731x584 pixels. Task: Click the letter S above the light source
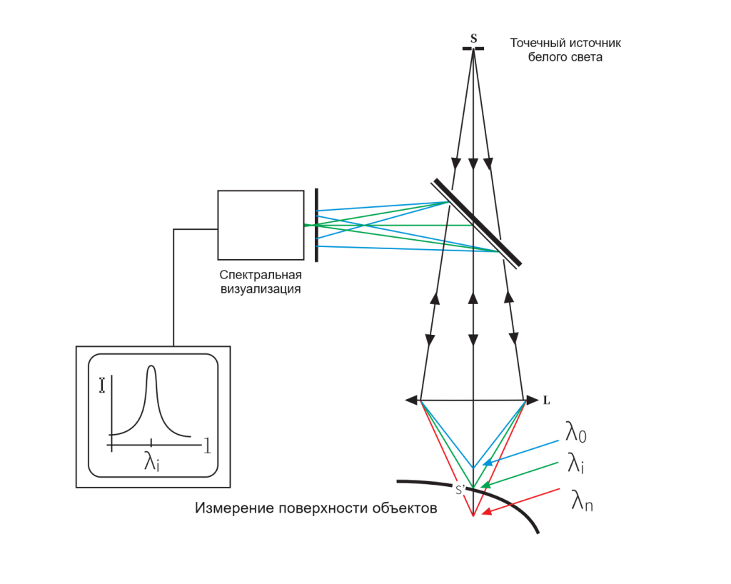(474, 39)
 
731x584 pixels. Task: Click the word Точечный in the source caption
(533, 43)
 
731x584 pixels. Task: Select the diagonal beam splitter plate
(476, 223)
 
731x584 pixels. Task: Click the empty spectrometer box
(261, 225)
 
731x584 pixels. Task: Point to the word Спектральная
(261, 275)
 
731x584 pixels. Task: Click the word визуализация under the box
(261, 289)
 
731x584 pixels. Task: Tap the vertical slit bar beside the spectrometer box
(316, 225)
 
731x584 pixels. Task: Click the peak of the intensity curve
(151, 367)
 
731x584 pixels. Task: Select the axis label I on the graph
(102, 386)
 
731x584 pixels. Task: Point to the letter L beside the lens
(546, 401)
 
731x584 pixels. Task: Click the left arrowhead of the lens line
(412, 400)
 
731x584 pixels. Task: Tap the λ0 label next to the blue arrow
(576, 432)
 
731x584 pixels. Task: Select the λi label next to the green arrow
(576, 463)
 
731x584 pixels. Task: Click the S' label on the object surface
(460, 489)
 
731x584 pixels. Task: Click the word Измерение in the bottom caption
(234, 508)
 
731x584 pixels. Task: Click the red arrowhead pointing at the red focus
(486, 512)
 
